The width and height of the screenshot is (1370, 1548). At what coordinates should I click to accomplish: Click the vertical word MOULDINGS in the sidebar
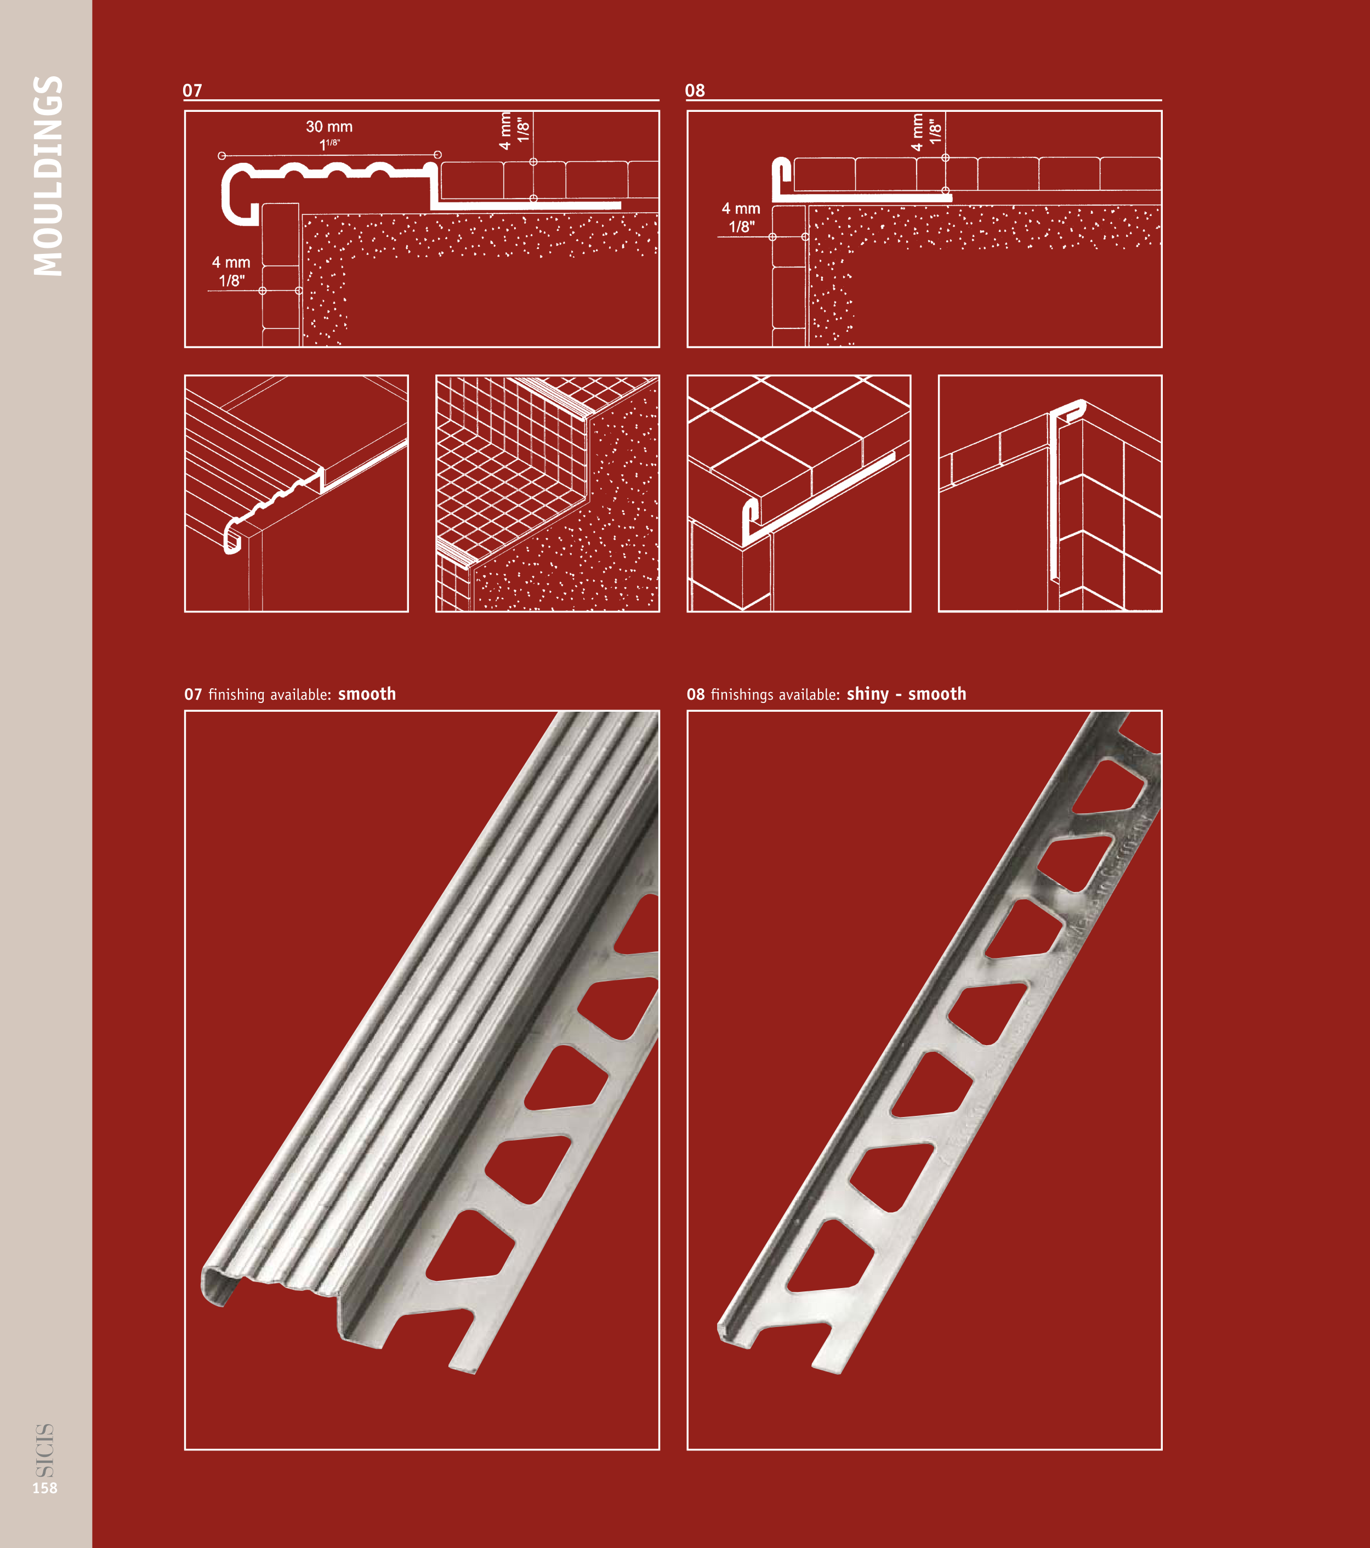tap(48, 175)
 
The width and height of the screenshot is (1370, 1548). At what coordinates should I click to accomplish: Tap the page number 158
tap(45, 1488)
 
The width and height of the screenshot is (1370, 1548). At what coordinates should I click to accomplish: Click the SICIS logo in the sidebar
tap(45, 1450)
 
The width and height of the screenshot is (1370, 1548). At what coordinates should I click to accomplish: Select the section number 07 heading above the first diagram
tap(192, 91)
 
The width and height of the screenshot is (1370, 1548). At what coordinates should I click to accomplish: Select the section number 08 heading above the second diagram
tap(695, 91)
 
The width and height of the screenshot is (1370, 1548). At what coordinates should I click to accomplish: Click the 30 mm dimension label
tap(329, 127)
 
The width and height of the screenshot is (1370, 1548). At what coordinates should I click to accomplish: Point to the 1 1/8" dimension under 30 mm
tap(329, 144)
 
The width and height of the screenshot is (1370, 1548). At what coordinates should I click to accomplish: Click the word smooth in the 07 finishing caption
tap(367, 694)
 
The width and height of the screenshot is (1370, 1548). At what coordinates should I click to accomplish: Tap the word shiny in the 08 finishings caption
tap(868, 694)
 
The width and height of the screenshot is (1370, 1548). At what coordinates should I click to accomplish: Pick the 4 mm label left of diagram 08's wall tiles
tap(741, 208)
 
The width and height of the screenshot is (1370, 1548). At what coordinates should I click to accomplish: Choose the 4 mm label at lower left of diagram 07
tap(231, 263)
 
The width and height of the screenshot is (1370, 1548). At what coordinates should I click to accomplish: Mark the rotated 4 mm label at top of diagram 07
tap(505, 131)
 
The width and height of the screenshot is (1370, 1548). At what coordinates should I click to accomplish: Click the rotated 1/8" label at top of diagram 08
tap(936, 131)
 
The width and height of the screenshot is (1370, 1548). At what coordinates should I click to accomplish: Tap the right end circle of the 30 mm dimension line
tap(437, 155)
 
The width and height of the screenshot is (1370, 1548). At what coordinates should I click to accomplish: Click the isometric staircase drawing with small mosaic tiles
tap(548, 493)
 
